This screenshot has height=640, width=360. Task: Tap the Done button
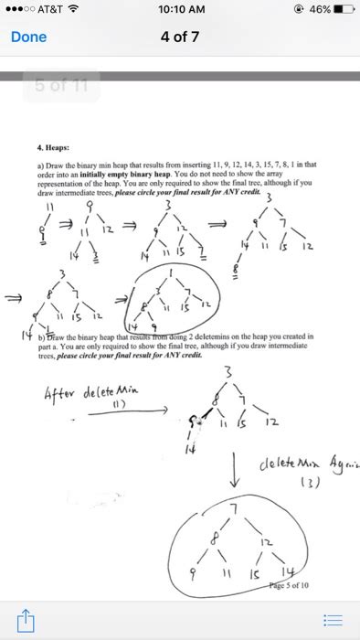point(27,38)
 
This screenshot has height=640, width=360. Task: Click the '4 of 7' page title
point(179,38)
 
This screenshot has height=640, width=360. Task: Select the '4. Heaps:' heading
point(54,144)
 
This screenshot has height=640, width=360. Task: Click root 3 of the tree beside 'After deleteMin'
point(239,371)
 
